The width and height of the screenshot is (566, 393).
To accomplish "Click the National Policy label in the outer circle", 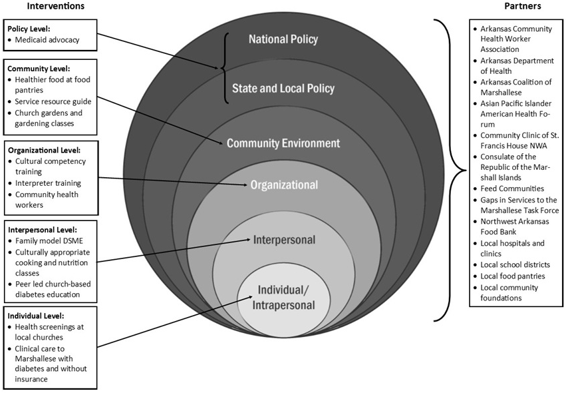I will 283,39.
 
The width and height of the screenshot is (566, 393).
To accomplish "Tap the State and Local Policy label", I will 283,89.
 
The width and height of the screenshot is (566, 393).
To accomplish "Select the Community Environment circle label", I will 283,143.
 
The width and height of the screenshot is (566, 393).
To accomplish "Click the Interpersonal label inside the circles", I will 284,238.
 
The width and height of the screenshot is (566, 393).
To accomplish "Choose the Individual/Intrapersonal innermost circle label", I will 283,297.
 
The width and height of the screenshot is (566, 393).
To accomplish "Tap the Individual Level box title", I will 37,314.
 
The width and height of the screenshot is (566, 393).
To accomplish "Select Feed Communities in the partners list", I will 511,189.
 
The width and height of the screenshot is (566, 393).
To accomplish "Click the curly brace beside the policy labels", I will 225,67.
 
